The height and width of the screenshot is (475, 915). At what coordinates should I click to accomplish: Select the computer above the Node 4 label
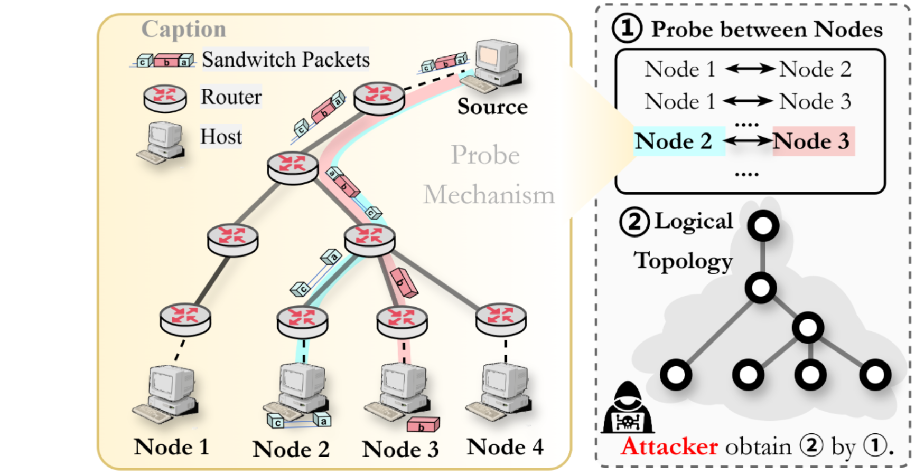tap(502, 391)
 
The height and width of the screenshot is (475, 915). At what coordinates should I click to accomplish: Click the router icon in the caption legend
tap(165, 98)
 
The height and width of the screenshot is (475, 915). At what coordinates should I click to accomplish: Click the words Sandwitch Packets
tap(285, 60)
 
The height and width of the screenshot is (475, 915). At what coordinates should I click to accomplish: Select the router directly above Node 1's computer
tap(185, 318)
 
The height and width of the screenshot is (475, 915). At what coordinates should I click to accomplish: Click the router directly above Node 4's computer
tap(501, 318)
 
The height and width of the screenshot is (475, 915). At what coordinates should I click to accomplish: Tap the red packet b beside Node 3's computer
tap(423, 424)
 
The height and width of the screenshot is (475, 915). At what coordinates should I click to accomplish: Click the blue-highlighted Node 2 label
tap(674, 141)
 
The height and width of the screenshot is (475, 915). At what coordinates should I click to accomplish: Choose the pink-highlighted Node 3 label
tap(811, 141)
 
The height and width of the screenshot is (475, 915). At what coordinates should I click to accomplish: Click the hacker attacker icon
tap(628, 409)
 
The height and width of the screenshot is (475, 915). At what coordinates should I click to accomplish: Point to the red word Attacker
tap(669, 446)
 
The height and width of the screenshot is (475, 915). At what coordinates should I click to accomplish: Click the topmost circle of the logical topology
tap(763, 225)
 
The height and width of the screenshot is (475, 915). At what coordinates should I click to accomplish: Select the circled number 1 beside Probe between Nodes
tap(627, 28)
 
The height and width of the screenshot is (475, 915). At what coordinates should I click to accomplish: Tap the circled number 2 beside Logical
tap(634, 222)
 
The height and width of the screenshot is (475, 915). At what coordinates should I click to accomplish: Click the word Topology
tap(684, 261)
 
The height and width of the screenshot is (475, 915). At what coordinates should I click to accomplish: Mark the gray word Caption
tap(183, 29)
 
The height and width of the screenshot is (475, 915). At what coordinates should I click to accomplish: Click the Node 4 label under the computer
tap(505, 447)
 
